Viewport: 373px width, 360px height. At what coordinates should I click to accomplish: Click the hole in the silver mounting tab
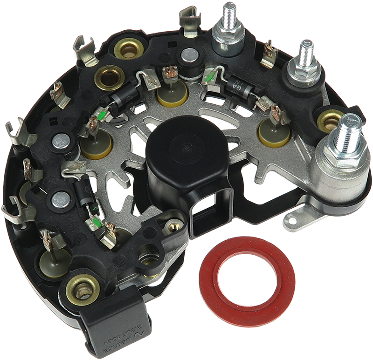tap(295, 215)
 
